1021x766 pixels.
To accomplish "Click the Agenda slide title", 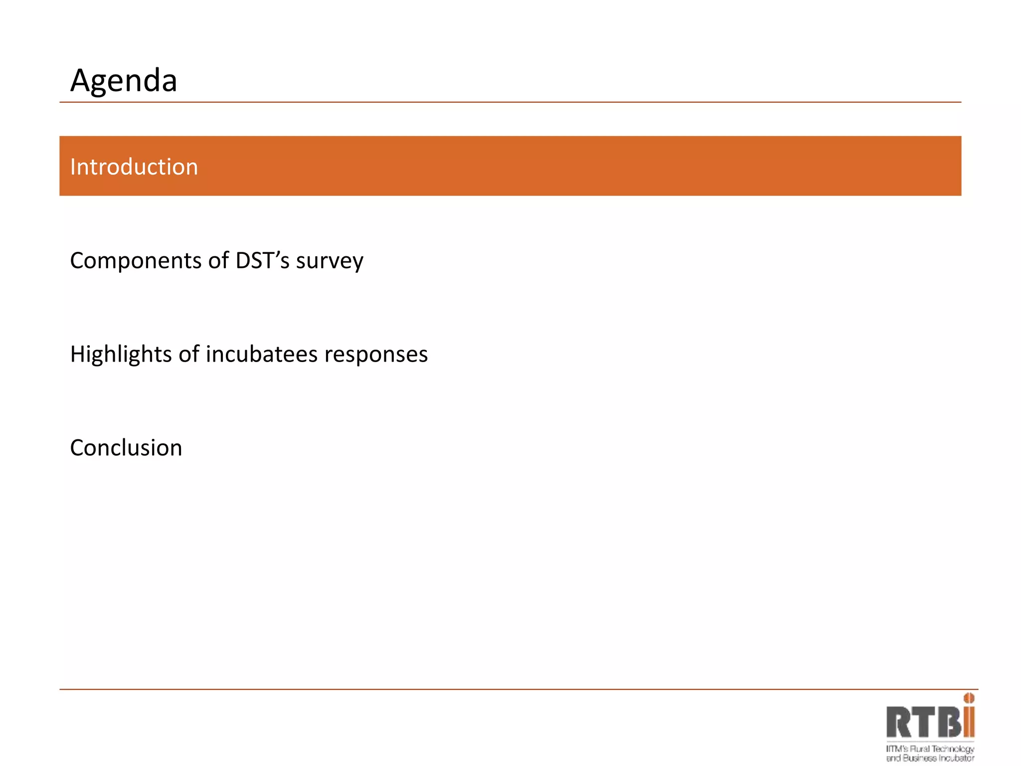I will point(124,81).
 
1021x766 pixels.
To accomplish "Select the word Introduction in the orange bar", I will point(134,167).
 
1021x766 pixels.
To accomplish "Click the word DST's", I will point(262,260).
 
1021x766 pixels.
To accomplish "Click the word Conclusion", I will point(126,448).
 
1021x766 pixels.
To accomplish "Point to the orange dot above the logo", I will point(969,698).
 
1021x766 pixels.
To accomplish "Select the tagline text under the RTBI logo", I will point(930,754).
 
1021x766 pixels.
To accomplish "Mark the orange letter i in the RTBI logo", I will point(969,721).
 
